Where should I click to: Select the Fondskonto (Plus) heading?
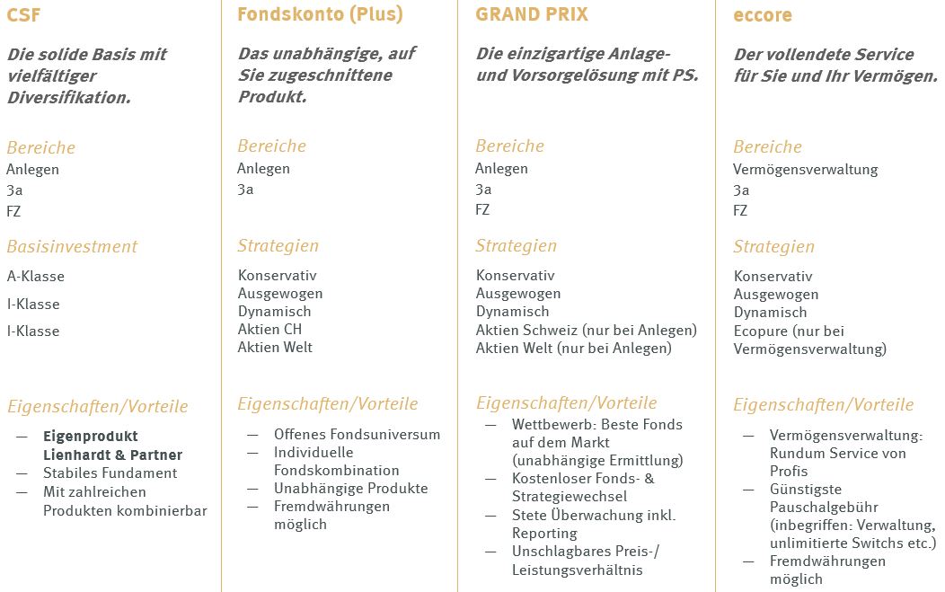click(x=320, y=14)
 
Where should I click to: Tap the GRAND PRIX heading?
click(x=532, y=13)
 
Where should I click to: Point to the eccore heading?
click(x=764, y=15)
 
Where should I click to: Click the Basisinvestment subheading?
click(x=72, y=246)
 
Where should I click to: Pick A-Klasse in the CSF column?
click(x=36, y=277)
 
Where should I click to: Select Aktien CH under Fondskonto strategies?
click(x=269, y=329)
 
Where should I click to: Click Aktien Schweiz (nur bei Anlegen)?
click(x=587, y=330)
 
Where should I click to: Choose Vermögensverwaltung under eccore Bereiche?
click(x=806, y=170)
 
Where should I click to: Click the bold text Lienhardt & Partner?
click(x=112, y=455)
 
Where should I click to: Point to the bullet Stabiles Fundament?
click(x=110, y=473)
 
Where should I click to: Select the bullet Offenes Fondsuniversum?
click(x=357, y=434)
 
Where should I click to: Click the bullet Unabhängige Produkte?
click(x=350, y=488)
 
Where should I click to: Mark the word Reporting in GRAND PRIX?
click(x=544, y=533)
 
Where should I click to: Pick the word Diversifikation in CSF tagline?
click(x=69, y=98)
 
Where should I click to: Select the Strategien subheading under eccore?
click(x=773, y=246)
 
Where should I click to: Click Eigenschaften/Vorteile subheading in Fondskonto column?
click(x=328, y=403)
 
